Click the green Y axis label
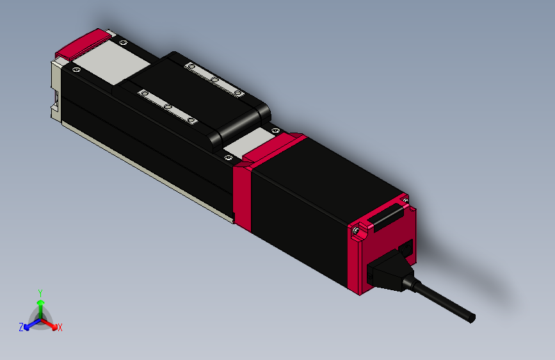(40, 291)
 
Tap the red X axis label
(60, 328)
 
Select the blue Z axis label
(21, 327)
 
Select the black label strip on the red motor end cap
(386, 218)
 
